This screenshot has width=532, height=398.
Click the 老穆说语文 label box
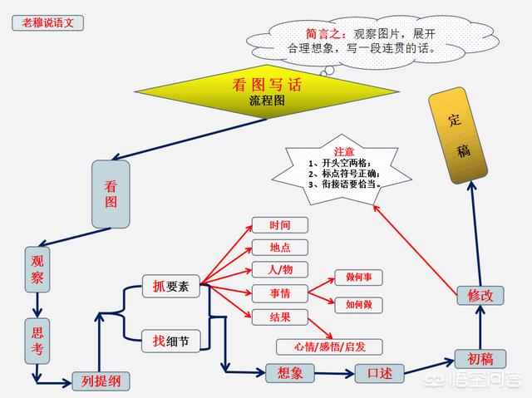click(48, 23)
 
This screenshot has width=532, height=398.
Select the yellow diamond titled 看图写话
click(267, 91)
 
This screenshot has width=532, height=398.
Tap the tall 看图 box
click(111, 194)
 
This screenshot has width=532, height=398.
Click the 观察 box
click(37, 269)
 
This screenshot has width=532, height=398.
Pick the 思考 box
click(37, 341)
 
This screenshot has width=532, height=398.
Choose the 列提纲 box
click(101, 381)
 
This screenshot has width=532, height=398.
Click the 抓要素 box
click(170, 287)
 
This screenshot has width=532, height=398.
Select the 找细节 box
click(170, 341)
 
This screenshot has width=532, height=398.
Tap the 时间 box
click(280, 225)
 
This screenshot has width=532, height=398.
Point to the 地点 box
click(280, 248)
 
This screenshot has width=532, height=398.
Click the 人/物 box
click(280, 270)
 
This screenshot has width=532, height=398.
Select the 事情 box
click(280, 293)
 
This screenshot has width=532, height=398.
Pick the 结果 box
click(280, 317)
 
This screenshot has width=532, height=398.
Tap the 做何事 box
click(358, 278)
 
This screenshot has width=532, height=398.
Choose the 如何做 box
click(358, 305)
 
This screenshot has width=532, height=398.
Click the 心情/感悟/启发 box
click(329, 346)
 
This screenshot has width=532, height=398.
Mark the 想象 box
click(290, 373)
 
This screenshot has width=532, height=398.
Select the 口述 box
click(379, 374)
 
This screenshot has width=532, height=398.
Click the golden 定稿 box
click(458, 135)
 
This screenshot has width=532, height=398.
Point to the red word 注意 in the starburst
click(343, 152)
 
